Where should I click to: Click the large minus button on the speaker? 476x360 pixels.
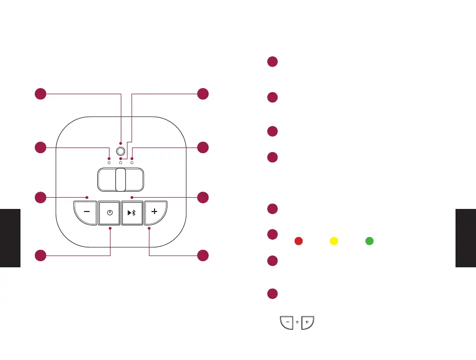pyautogui.click(x=85, y=212)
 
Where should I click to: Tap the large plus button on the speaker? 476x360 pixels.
pyautogui.click(x=155, y=212)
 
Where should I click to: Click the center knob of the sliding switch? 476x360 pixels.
pyautogui.click(x=121, y=179)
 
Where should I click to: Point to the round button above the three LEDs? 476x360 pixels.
pyautogui.click(x=121, y=152)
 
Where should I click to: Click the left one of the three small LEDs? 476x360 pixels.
pyautogui.click(x=109, y=162)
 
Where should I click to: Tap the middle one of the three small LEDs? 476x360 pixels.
pyautogui.click(x=121, y=162)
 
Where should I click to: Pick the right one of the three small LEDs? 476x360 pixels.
pyautogui.click(x=132, y=162)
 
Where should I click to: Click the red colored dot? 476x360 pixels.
pyautogui.click(x=297, y=240)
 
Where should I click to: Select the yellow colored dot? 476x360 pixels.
pyautogui.click(x=333, y=240)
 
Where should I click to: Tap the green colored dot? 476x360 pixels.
pyautogui.click(x=369, y=240)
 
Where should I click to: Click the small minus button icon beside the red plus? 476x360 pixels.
pyautogui.click(x=287, y=323)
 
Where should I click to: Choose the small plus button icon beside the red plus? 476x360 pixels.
pyautogui.click(x=307, y=323)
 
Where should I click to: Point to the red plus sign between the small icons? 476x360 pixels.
pyautogui.click(x=297, y=323)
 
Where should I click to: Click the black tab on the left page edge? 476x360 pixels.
pyautogui.click(x=10, y=238)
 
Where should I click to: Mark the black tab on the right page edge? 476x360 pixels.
pyautogui.click(x=465, y=238)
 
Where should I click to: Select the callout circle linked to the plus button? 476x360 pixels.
pyautogui.click(x=203, y=255)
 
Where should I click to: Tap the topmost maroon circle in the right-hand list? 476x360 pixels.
pyautogui.click(x=272, y=62)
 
